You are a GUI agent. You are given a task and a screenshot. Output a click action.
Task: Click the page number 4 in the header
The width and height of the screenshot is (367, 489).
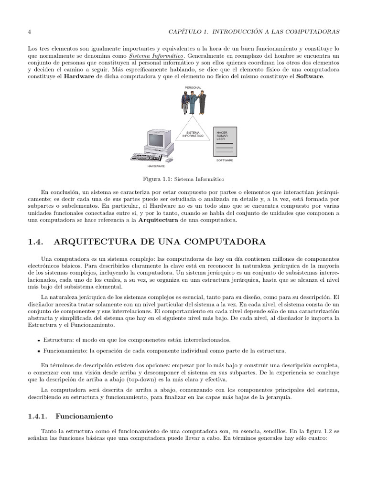pos(30,32)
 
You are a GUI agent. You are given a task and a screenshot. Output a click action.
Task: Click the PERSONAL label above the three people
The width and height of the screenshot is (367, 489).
pos(193,88)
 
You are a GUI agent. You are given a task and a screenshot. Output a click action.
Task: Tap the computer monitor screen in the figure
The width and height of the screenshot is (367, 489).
pos(156,140)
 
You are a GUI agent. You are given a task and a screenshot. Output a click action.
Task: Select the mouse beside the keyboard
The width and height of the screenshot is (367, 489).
pos(170,159)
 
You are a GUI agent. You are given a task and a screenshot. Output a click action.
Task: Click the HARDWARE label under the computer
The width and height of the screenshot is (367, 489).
pos(156,166)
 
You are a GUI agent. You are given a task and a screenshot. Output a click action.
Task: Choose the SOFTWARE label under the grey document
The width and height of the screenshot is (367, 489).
pos(225,160)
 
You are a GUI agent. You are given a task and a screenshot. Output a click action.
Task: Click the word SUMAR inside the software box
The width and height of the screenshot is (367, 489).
pos(221,136)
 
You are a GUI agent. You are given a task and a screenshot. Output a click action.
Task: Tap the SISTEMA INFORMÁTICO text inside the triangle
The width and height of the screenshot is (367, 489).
pos(193,134)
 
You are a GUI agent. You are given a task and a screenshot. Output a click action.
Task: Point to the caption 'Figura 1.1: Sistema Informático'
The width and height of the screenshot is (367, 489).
pos(183,180)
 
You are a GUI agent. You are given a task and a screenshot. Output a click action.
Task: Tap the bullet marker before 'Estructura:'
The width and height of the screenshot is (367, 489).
pos(38,340)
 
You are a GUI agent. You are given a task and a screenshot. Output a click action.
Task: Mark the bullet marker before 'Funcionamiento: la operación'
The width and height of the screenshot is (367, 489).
pos(38,351)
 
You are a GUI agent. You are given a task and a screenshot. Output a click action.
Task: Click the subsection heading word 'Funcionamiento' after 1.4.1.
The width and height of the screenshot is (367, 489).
pos(84,416)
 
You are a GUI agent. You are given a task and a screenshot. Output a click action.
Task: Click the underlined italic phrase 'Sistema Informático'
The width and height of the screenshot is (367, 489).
pos(156,56)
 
